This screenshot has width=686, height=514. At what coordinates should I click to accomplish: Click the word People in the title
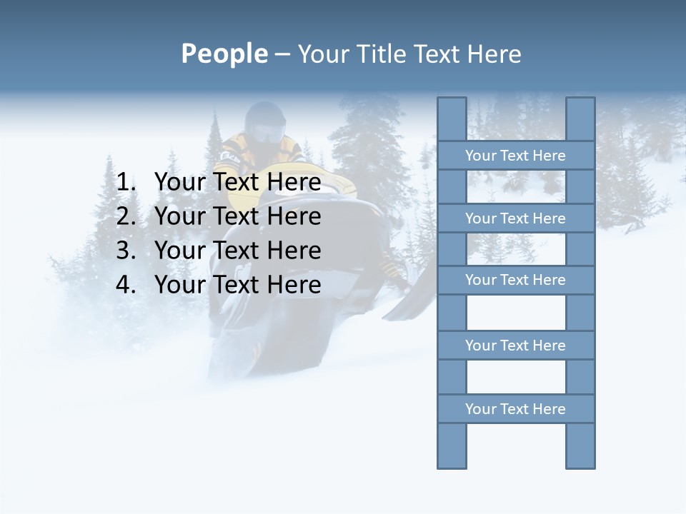click(x=223, y=54)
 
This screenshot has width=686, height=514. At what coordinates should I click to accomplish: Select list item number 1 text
click(x=237, y=182)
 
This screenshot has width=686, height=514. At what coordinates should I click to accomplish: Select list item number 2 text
click(x=237, y=216)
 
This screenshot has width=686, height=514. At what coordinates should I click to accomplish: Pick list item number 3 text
click(x=237, y=251)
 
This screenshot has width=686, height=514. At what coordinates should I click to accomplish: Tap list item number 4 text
click(x=237, y=285)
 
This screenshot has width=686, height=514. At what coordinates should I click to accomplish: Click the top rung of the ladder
click(x=515, y=156)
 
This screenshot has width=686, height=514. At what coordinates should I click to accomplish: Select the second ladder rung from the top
click(x=515, y=218)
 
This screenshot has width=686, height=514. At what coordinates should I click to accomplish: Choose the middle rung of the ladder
click(x=515, y=280)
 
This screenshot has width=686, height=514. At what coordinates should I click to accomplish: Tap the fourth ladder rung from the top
click(x=515, y=346)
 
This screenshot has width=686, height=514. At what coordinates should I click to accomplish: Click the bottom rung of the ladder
click(x=515, y=409)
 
